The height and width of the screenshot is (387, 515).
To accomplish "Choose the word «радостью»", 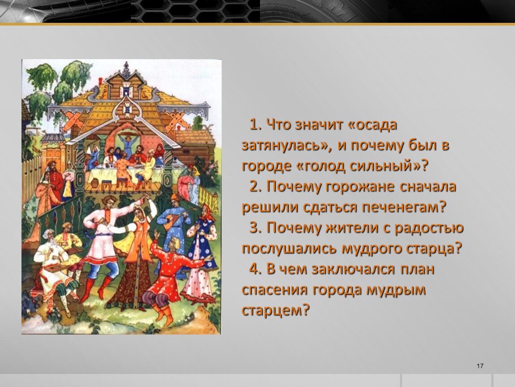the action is point(429,228).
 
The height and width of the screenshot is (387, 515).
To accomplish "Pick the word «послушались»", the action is point(289,249).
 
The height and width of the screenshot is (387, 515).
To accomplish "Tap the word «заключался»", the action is point(353,269).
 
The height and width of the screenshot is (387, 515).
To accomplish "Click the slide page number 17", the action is point(480,366).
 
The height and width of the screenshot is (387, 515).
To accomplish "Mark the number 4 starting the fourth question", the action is point(253,269).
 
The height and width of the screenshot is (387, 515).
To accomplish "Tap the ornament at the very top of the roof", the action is point(126,69).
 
